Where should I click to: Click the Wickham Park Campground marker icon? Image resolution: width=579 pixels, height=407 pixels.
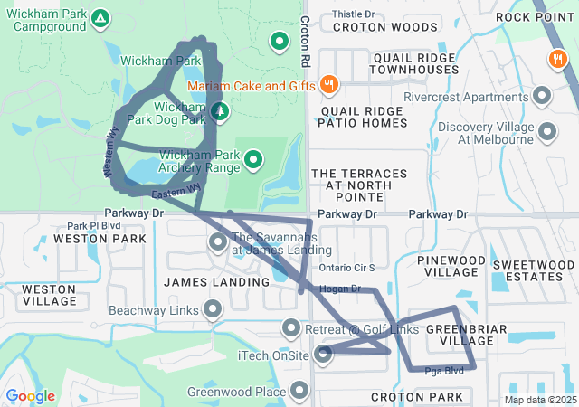click(100, 18)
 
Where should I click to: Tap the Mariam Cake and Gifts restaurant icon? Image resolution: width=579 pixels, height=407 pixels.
click(328, 85)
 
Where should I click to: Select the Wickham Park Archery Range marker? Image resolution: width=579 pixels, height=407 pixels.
click(253, 161)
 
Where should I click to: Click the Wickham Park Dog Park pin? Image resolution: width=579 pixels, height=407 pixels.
click(219, 111)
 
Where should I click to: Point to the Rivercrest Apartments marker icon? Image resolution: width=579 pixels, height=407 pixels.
click(543, 95)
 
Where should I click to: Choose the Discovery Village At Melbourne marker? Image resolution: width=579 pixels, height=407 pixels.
click(546, 132)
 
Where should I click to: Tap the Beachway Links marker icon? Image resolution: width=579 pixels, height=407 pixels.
click(213, 309)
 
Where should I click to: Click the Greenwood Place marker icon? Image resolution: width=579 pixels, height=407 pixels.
click(299, 392)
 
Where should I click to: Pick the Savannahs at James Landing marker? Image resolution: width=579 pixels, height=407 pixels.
click(218, 242)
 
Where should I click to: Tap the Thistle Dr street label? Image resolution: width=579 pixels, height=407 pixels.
click(353, 14)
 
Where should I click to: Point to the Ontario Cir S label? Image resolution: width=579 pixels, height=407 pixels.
click(347, 268)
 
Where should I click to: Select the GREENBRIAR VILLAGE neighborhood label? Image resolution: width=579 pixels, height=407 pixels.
click(460, 334)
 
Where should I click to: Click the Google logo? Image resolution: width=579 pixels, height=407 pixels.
click(30, 396)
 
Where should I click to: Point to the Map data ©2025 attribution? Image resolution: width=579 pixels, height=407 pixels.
click(539, 400)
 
